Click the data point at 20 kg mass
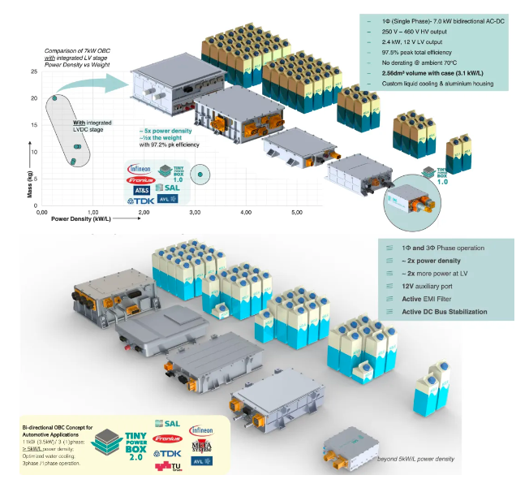[x=54, y=98]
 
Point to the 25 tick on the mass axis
[x=34, y=72]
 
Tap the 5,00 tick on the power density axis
[x=297, y=212]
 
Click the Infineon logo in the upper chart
[x=139, y=168]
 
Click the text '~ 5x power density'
[x=166, y=130]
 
